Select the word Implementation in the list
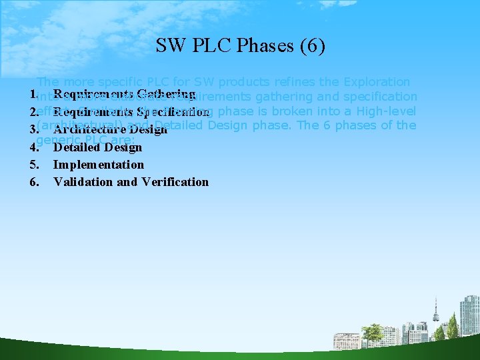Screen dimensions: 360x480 click(x=99, y=165)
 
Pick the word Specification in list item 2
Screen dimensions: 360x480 click(x=173, y=112)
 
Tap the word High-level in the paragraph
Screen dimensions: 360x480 click(x=387, y=111)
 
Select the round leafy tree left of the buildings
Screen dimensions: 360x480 click(x=371, y=331)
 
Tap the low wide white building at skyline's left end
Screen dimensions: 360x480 click(x=345, y=339)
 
